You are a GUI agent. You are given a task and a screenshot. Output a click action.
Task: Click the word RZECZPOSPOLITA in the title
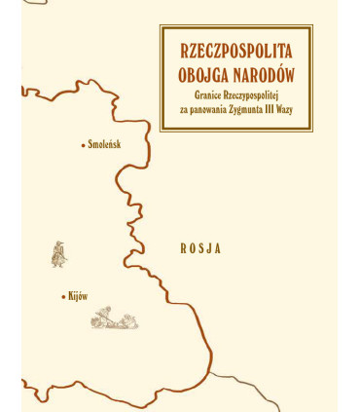click(236, 50)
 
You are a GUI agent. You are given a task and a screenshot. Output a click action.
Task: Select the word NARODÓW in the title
click(265, 73)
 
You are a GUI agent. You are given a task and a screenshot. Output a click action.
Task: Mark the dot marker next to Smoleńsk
click(83, 145)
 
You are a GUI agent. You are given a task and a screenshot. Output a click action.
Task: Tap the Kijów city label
click(78, 295)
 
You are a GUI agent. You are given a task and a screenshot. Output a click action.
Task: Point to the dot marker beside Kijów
click(63, 295)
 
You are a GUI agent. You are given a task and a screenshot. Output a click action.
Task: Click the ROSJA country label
click(200, 248)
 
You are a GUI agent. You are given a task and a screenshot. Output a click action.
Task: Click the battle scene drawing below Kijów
click(114, 318)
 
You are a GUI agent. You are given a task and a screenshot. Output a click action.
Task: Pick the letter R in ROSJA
click(183, 248)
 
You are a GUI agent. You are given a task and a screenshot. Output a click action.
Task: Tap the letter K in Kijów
click(71, 295)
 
